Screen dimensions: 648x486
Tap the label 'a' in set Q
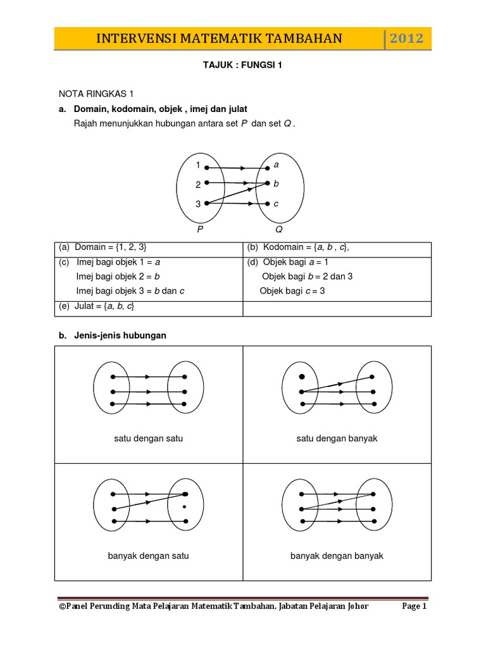click(276, 165)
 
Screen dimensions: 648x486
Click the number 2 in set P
click(198, 185)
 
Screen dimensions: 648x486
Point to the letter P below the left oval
click(200, 230)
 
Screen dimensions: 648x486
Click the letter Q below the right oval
click(278, 230)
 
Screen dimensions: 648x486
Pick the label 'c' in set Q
click(276, 204)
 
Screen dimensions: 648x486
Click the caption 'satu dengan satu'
click(149, 439)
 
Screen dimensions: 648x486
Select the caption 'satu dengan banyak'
click(337, 439)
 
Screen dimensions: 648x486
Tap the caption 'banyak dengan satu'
click(149, 556)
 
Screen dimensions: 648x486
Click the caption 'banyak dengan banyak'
click(337, 556)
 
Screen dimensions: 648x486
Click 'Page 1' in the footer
click(414, 606)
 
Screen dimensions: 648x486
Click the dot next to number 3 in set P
click(207, 203)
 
